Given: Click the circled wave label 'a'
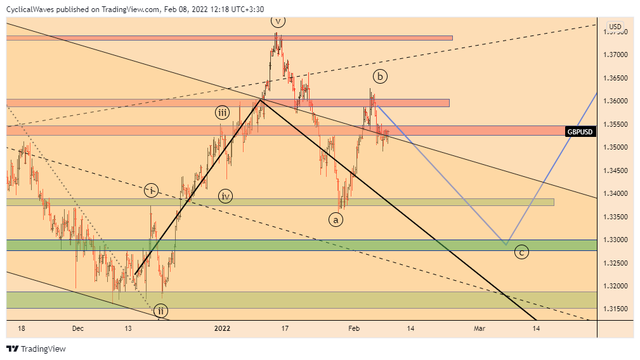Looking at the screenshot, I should (336, 219).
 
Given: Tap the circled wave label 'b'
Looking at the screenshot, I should (379, 77).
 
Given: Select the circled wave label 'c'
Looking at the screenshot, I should (521, 252).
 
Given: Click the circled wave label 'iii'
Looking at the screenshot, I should (221, 113).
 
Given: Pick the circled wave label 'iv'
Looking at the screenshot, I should (225, 196).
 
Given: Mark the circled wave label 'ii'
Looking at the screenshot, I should (161, 311).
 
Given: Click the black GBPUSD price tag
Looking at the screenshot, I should (580, 131).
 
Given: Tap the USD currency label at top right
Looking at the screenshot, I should (615, 27).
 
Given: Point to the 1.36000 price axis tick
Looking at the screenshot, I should (615, 101).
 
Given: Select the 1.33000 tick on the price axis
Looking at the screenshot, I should (615, 240).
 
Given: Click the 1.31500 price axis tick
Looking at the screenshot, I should (615, 309).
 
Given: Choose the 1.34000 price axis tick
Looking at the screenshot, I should (615, 193).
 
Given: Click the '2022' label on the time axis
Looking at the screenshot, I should (222, 328).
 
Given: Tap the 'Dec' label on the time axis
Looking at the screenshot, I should (78, 328).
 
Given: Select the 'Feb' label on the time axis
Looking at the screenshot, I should (354, 328).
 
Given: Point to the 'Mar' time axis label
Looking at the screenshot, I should (480, 328).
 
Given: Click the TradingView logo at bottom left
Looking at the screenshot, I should (36, 349).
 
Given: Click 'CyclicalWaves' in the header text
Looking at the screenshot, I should (29, 10).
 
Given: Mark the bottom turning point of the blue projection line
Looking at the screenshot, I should (506, 245).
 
